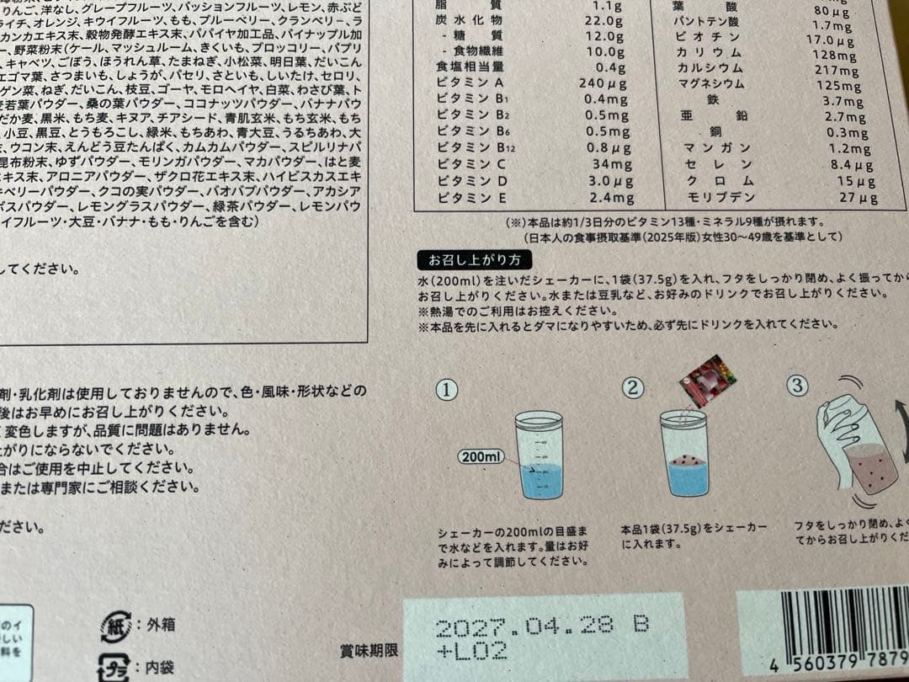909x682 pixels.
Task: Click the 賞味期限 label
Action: click(x=369, y=650)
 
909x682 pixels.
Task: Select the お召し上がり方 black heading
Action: click(x=474, y=260)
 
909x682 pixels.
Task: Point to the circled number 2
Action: click(x=633, y=387)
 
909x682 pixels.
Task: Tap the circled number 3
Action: click(x=797, y=386)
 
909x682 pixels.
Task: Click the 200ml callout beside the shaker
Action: click(x=481, y=457)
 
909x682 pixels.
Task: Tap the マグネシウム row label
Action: click(x=711, y=84)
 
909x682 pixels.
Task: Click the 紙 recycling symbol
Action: click(x=114, y=627)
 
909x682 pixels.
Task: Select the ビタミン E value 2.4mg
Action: click(x=612, y=198)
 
